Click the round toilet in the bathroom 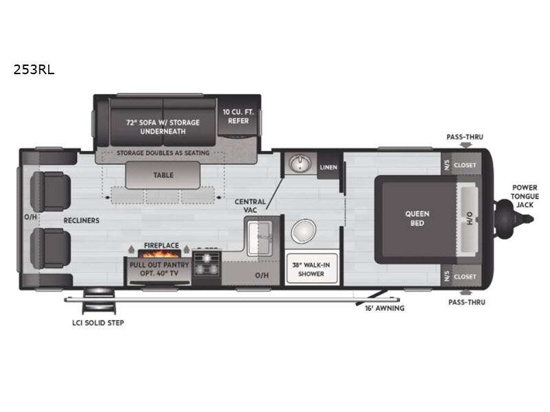(303, 232)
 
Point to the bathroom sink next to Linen (300, 164)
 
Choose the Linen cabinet (328, 167)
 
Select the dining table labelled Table (163, 175)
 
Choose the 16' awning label (385, 308)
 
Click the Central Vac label (245, 205)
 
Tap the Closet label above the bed (465, 165)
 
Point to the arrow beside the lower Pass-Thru (465, 292)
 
